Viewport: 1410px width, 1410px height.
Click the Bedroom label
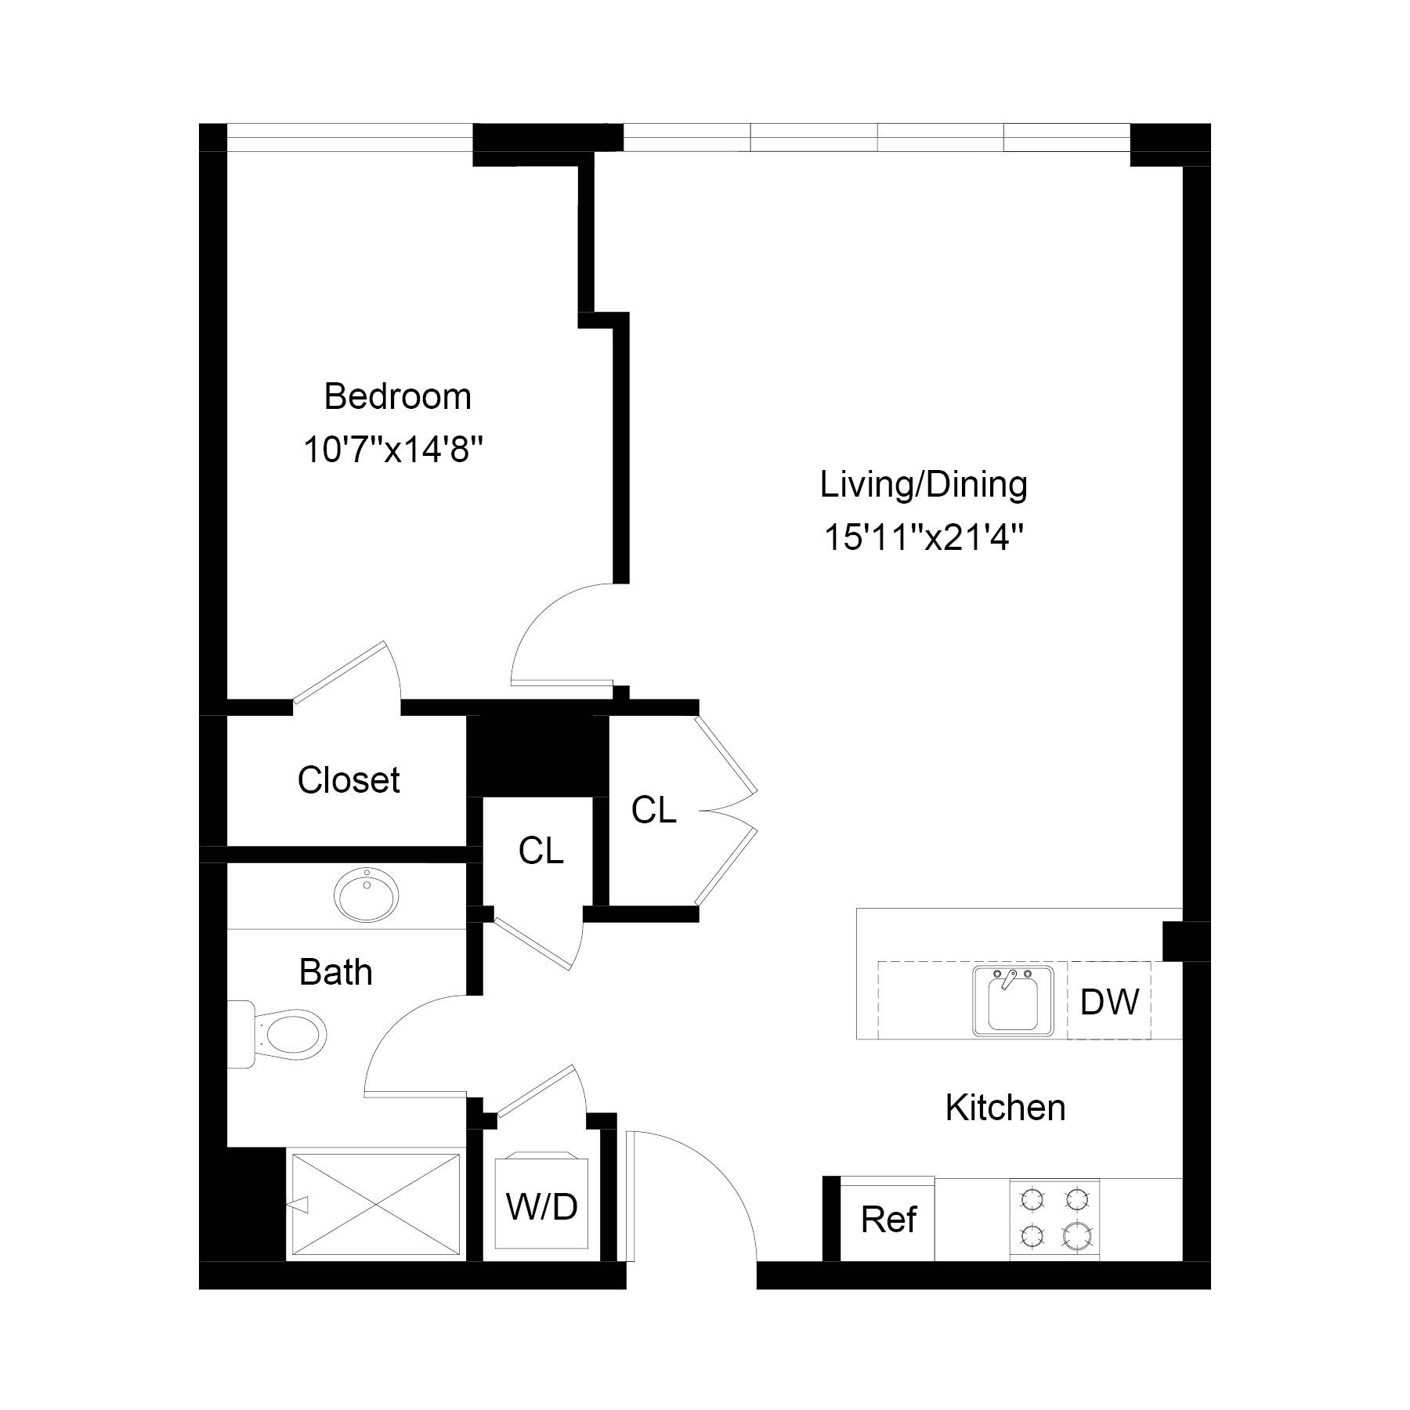[x=397, y=397]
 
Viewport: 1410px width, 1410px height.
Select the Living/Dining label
[x=924, y=485]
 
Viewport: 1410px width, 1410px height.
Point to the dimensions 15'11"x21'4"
[x=924, y=538]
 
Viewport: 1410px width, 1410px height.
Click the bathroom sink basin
[x=366, y=892]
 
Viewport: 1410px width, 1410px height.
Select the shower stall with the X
[x=375, y=1203]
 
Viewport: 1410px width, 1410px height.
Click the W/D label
[x=542, y=1207]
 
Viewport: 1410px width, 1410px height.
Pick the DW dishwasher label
[x=1109, y=1002]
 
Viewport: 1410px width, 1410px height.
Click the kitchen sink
[x=1014, y=1000]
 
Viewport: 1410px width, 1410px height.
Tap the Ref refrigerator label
[x=888, y=1220]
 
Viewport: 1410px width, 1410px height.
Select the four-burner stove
[x=1054, y=1218]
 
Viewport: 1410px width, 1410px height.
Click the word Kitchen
[x=1005, y=1108]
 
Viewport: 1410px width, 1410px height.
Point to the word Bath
[x=335, y=973]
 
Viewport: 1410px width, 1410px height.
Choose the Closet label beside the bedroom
[x=349, y=780]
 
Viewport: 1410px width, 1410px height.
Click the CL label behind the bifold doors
[x=653, y=811]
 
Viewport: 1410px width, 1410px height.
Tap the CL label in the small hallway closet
[x=540, y=851]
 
